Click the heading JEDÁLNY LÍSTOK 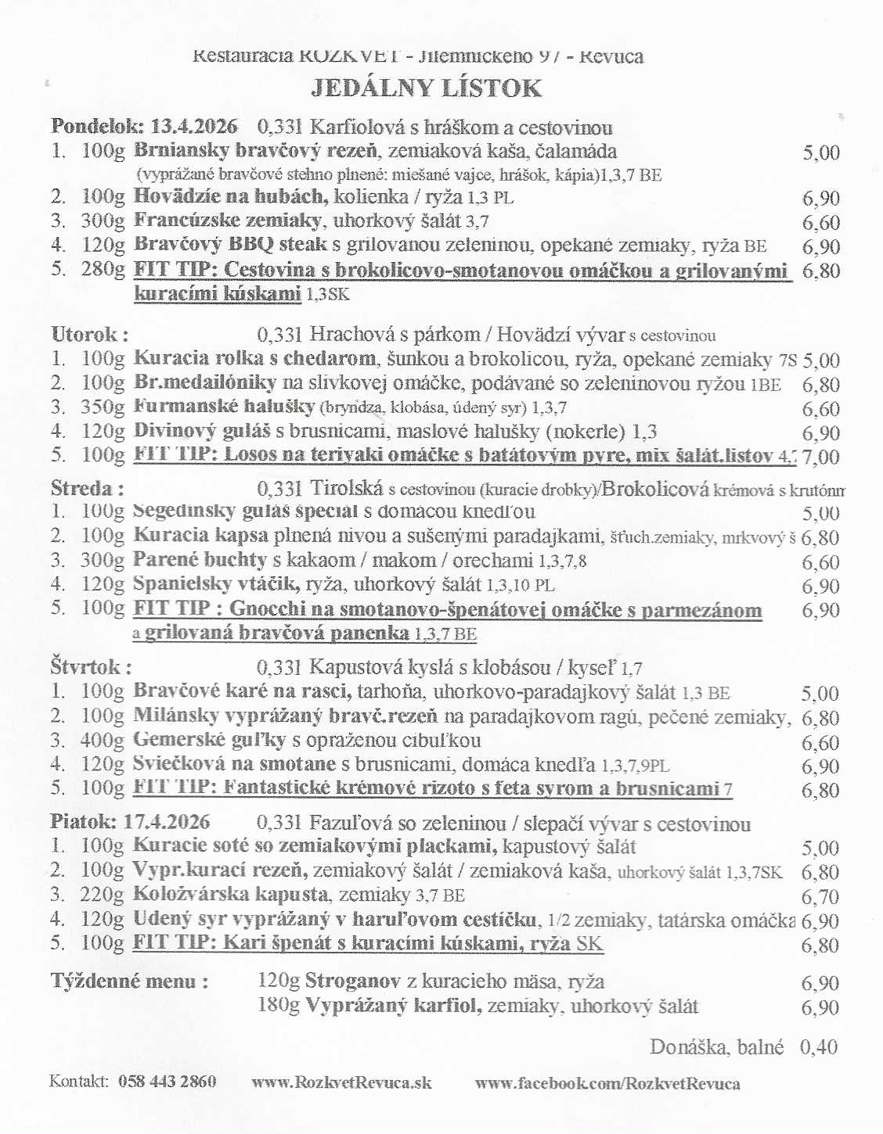coord(426,88)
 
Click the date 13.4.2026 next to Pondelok coord(193,127)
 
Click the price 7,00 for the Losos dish coord(820,457)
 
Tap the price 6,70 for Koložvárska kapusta coord(820,897)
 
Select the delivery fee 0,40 coord(818,1047)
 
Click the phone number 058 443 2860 coord(167,1082)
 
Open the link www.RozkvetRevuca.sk coord(341,1082)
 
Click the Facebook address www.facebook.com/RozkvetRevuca coord(607,1083)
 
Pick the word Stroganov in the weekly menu coord(352,981)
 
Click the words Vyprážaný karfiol coord(391,1006)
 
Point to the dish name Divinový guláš coord(201,431)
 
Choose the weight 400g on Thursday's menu coord(103,741)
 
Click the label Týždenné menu coord(129,981)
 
